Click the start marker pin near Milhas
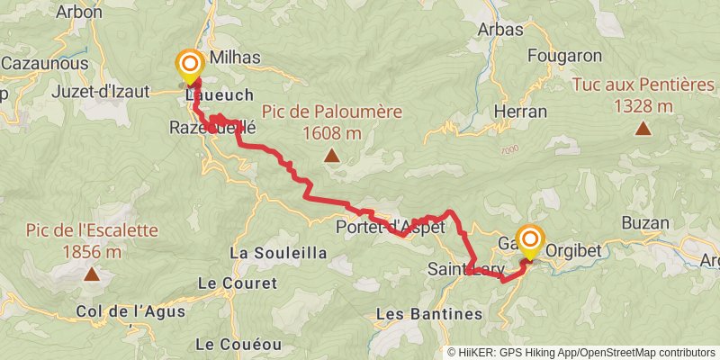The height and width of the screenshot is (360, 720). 190,64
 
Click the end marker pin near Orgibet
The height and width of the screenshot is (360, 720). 530,240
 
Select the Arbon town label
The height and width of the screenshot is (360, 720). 78,13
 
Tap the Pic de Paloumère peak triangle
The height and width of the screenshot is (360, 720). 332,157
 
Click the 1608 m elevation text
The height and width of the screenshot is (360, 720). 332,133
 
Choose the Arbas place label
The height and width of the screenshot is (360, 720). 500,30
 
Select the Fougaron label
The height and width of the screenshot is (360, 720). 565,56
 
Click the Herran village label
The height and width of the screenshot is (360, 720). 521,112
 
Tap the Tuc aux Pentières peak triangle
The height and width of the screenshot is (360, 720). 643,128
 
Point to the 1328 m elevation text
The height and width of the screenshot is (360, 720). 643,105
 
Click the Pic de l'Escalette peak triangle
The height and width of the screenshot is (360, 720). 92,274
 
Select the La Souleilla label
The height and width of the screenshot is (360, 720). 278,254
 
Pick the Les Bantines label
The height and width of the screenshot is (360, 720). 428,314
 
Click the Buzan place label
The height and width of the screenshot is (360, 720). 644,223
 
